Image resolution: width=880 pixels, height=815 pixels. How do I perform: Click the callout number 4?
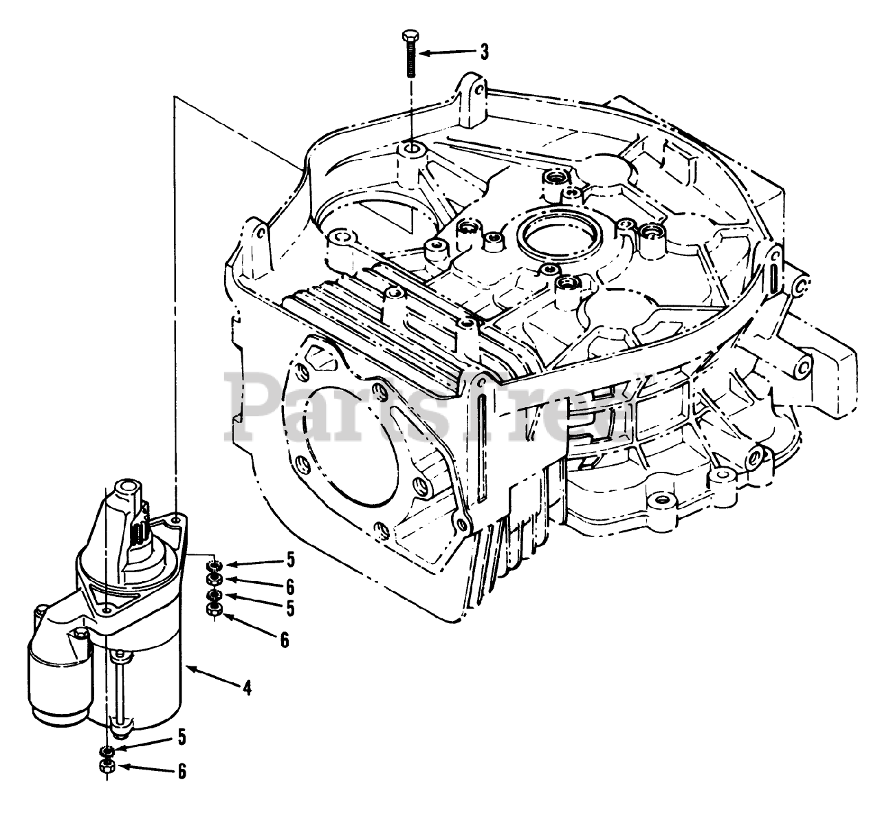tap(247, 686)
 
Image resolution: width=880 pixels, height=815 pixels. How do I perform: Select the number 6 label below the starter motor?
tap(181, 772)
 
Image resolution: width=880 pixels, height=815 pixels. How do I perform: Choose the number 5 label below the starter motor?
tap(181, 737)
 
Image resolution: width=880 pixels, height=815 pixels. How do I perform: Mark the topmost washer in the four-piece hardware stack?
tap(214, 565)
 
